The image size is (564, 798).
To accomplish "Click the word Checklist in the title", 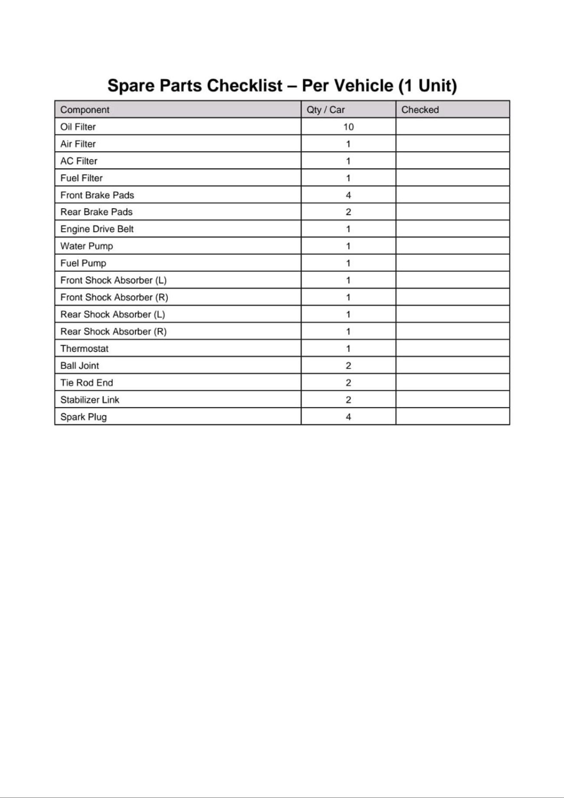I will (x=244, y=85).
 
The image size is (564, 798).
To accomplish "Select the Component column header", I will (x=85, y=110).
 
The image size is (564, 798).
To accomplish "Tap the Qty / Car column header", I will (x=325, y=110).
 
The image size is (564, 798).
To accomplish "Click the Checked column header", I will (x=420, y=110).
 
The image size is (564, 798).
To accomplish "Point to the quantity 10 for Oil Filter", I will (x=348, y=127).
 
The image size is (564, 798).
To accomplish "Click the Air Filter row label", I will (x=78, y=144).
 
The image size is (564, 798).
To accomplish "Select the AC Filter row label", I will (x=79, y=161).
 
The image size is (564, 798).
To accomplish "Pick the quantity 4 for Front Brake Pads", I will (x=348, y=195).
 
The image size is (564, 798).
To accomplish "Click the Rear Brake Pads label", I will (x=96, y=212).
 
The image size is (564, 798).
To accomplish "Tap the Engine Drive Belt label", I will (x=97, y=229).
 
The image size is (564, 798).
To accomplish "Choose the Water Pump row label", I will (x=86, y=246).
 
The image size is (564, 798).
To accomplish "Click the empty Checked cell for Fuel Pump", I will (x=452, y=263).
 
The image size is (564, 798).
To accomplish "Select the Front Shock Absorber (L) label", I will (x=113, y=280).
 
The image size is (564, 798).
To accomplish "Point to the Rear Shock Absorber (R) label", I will (x=113, y=331).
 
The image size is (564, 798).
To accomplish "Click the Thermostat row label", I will (x=84, y=349).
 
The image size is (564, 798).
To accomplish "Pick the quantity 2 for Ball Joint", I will (x=348, y=366).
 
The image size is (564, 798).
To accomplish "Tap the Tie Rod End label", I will (x=86, y=383).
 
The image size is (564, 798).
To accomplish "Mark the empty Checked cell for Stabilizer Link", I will (x=452, y=399).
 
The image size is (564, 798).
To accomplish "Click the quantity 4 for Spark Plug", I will (x=348, y=417).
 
